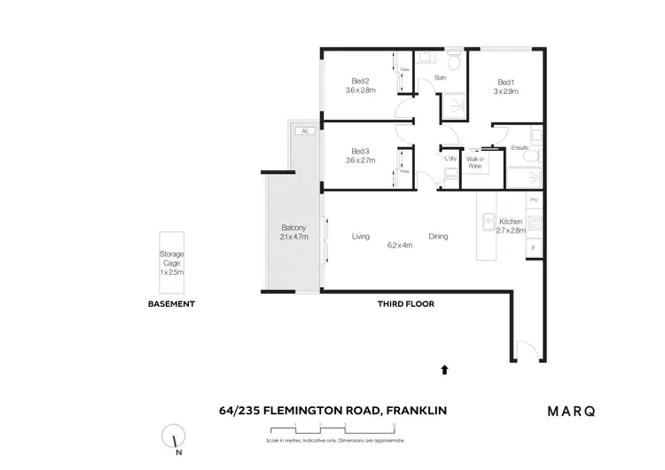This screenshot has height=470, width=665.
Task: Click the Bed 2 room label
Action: tap(361, 82)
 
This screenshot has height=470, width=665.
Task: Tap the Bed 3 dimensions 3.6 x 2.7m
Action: tap(362, 161)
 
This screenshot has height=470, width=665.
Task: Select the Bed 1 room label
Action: tap(505, 82)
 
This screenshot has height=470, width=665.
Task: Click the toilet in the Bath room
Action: tap(453, 60)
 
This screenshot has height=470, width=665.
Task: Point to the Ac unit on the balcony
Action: tap(304, 131)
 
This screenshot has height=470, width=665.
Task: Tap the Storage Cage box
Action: tap(171, 262)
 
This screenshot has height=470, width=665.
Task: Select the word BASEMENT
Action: tap(171, 304)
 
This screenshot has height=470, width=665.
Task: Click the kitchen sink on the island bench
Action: tap(486, 220)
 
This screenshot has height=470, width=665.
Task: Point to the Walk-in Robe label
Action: tap(474, 162)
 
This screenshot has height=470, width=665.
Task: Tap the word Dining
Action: tap(438, 237)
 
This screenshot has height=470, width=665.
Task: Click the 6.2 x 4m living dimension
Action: tap(399, 246)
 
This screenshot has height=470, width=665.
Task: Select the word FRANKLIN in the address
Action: tap(416, 410)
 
